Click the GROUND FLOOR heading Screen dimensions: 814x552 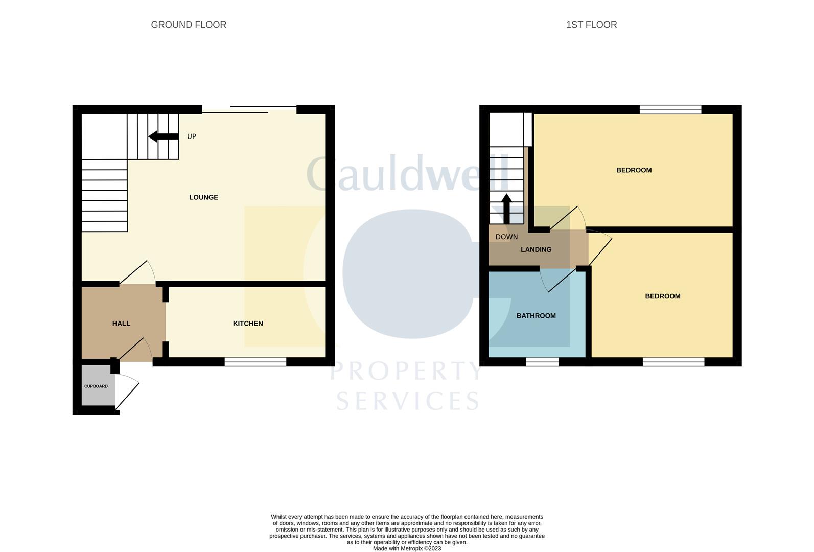point(189,25)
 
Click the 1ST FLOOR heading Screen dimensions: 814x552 point(591,25)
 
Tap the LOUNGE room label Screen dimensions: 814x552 point(203,197)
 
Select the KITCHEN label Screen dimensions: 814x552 point(248,324)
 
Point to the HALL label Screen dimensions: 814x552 point(121,324)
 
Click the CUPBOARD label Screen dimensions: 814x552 point(96,386)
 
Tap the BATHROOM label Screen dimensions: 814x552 point(536,316)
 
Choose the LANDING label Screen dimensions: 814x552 point(536,249)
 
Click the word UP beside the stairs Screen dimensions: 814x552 point(192,136)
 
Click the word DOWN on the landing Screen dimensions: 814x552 point(506,237)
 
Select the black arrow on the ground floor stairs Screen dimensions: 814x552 point(164,136)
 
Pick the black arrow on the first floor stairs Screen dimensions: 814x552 point(506,209)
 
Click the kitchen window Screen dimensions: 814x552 point(255,361)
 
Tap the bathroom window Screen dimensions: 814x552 point(542,361)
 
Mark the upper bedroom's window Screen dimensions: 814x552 point(670,109)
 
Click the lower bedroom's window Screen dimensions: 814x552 point(673,361)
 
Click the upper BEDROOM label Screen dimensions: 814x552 point(634,170)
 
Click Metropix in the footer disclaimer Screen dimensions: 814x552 point(412,549)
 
